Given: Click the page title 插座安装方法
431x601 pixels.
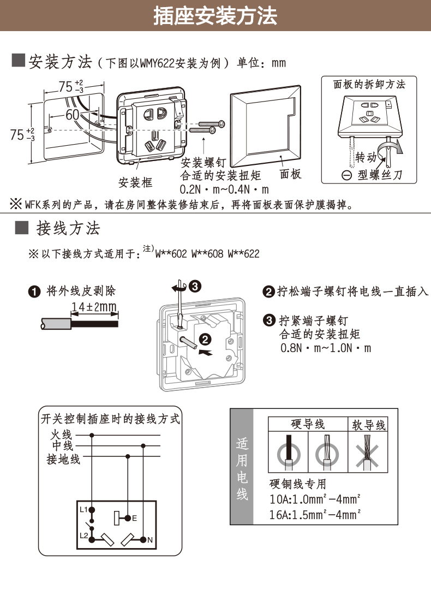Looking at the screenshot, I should point(215,16).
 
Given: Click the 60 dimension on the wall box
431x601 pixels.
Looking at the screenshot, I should point(72,115).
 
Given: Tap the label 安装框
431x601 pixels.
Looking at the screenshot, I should point(135,182).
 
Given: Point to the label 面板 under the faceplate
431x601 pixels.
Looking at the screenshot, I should point(290,174).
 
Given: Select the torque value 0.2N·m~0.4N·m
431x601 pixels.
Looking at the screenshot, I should point(224,190).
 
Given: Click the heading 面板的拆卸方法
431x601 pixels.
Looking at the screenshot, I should point(369,84).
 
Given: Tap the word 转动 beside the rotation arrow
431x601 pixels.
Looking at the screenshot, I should point(366,158).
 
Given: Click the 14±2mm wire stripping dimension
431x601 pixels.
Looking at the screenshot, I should point(94,307).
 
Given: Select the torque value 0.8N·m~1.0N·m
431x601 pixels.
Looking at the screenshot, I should point(326,348).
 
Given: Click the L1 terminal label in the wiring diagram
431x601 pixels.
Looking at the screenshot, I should point(83,509).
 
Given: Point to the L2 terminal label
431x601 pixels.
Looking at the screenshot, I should point(83,535).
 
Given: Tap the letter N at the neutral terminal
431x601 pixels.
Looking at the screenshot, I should point(149,540).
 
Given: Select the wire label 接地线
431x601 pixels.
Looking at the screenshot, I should point(63,459).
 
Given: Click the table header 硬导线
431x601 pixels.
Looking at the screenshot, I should point(308,424).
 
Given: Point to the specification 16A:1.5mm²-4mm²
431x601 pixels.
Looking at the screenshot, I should point(316,514).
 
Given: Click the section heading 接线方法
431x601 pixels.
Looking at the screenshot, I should point(68,228).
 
